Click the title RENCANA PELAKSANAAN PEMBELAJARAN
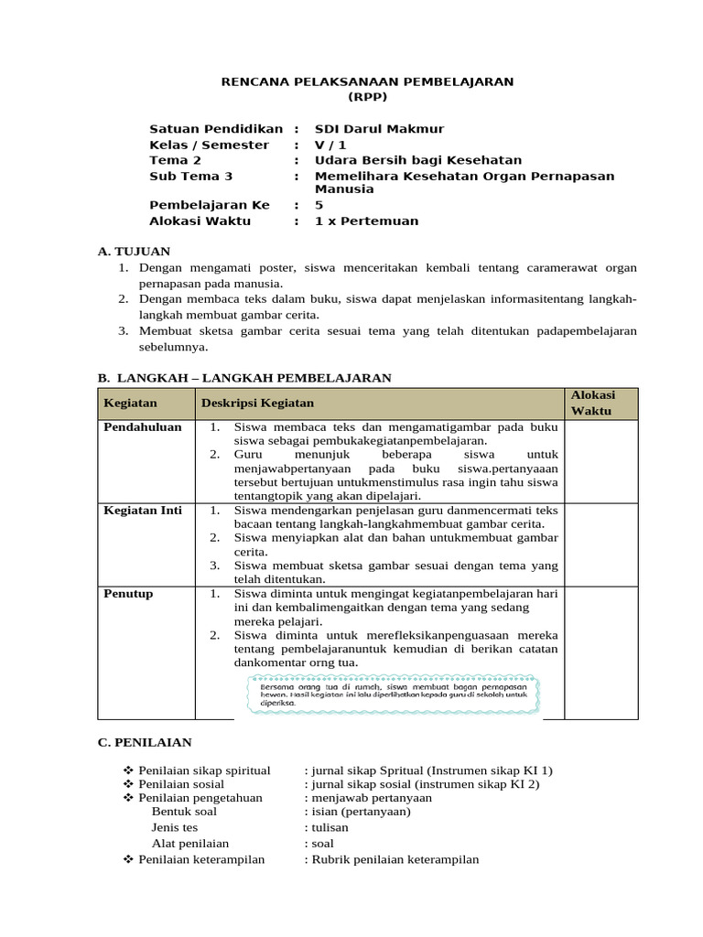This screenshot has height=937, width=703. tap(368, 81)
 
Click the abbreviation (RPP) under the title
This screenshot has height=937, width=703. tap(368, 96)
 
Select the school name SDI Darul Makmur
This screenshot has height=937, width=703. tap(379, 129)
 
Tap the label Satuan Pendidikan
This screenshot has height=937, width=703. tap(216, 129)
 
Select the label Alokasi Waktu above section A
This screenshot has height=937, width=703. tap(200, 221)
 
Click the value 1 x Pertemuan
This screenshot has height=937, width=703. tap(366, 221)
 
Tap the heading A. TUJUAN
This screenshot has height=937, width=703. tap(134, 251)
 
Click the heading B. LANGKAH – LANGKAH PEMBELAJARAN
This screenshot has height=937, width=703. tap(244, 377)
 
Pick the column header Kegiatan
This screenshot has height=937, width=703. tap(130, 403)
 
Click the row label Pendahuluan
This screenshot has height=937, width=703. tap(143, 427)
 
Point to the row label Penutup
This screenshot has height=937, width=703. tap(128, 594)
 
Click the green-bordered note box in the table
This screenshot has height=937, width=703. tap(395, 695)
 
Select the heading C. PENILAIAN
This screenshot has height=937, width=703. tap(145, 742)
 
